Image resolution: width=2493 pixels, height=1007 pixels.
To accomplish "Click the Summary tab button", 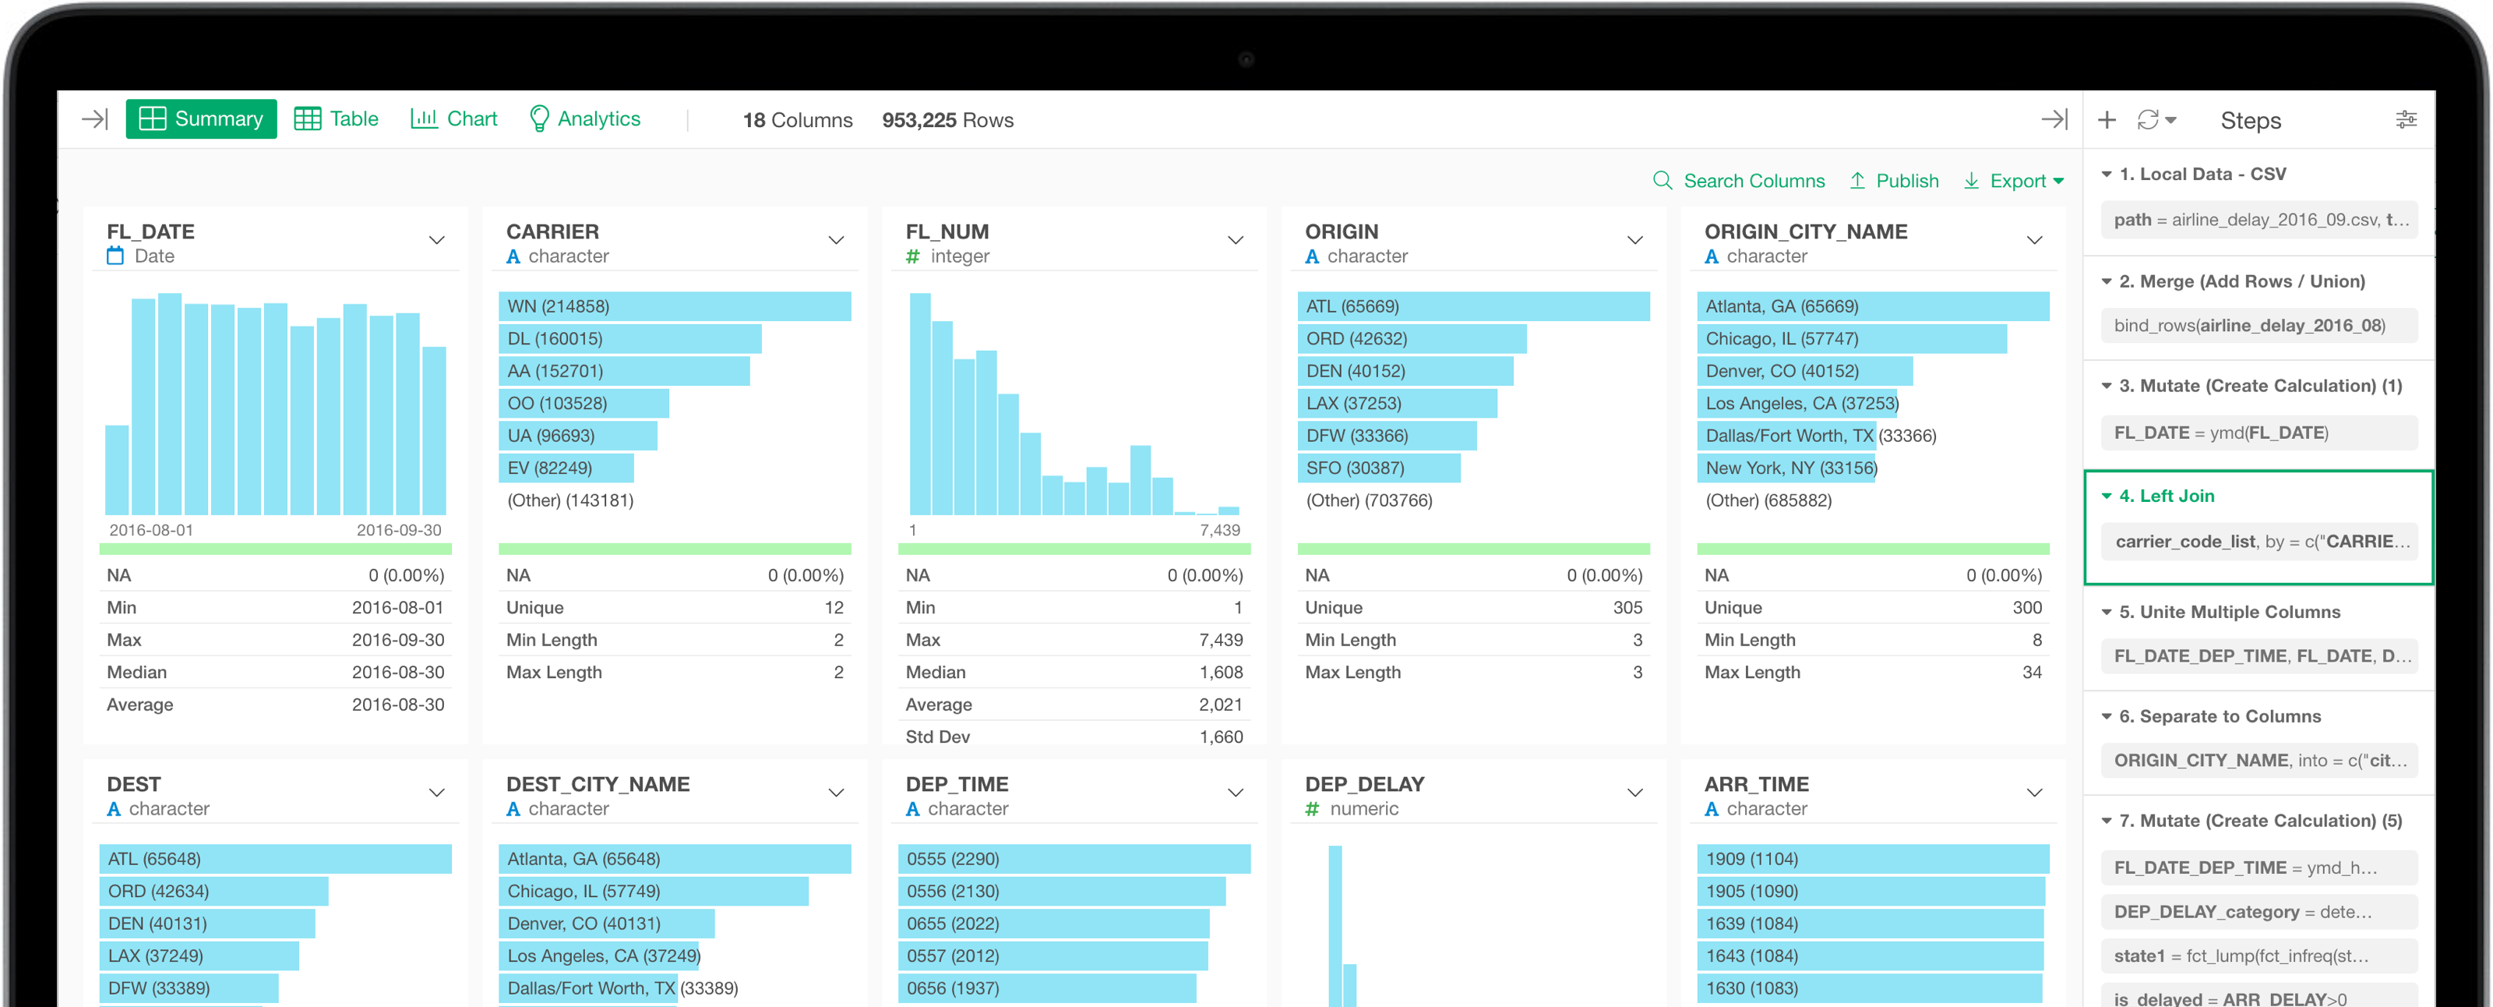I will [201, 119].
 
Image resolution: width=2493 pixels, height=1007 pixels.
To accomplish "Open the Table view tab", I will [336, 119].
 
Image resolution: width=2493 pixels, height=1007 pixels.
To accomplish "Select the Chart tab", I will [454, 119].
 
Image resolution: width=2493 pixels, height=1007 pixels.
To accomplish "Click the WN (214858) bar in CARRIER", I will [674, 306].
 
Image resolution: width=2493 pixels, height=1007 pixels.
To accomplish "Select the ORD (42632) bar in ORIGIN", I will [1410, 339].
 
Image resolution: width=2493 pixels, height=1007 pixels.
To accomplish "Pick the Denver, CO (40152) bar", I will [1804, 371].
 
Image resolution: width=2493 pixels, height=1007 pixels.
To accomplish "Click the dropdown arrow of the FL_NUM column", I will [1236, 240].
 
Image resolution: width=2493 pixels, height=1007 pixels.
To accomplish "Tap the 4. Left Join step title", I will [2166, 496].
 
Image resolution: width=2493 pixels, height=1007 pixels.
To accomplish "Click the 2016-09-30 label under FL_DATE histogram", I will [399, 530].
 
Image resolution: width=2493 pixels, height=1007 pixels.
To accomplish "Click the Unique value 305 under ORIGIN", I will [1627, 607].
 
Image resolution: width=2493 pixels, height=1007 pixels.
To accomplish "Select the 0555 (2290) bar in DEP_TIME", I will [1074, 859].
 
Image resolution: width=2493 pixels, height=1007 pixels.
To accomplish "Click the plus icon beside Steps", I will [2107, 120].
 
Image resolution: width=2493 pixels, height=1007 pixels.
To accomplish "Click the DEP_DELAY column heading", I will [1365, 784].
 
